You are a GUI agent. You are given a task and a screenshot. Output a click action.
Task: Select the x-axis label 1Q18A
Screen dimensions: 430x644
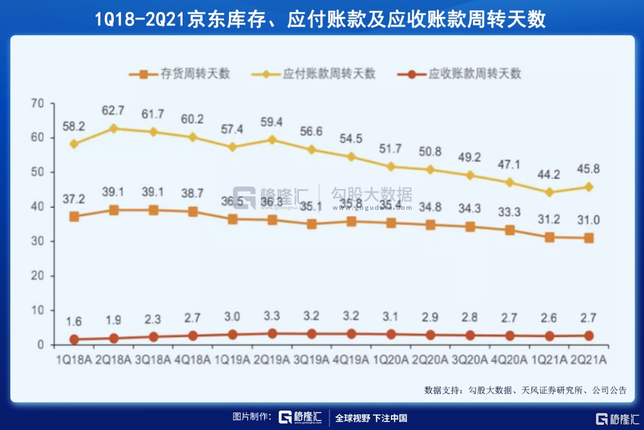click(74, 359)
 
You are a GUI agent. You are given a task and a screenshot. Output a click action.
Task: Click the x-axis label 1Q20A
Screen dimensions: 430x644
click(390, 359)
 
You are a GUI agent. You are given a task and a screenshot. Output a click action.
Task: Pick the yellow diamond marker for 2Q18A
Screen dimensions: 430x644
click(114, 128)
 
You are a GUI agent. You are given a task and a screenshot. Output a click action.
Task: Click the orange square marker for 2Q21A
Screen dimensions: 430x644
click(588, 238)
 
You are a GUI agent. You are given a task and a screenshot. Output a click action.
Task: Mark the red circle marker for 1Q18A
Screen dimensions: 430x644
click(74, 339)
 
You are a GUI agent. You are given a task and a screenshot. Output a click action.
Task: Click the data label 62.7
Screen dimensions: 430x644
click(114, 110)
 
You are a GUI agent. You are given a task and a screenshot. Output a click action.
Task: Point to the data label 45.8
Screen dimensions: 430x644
click(588, 170)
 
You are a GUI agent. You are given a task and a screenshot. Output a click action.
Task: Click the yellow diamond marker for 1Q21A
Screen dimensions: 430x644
click(549, 192)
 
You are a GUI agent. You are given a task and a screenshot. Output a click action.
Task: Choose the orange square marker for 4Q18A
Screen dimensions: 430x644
click(193, 212)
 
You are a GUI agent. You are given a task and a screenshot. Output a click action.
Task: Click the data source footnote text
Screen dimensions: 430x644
click(525, 390)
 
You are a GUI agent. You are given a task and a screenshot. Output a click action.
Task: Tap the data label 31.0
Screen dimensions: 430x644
click(588, 220)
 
